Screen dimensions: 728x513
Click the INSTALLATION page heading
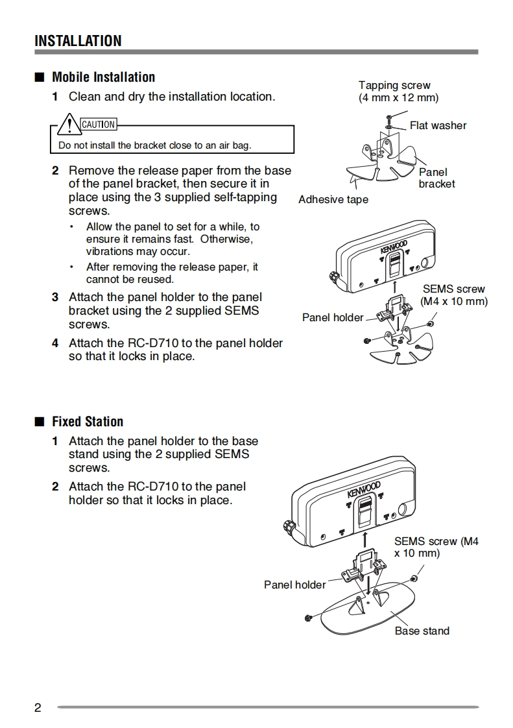pyautogui.click(x=78, y=41)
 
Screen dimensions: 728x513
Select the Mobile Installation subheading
pyautogui.click(x=103, y=77)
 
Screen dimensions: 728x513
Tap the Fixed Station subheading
pyautogui.click(x=88, y=422)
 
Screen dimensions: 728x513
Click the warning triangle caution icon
pyautogui.click(x=68, y=123)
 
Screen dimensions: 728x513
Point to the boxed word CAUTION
pyautogui.click(x=98, y=125)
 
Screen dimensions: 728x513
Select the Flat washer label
pyautogui.click(x=438, y=126)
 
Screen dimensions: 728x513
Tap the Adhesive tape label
pyautogui.click(x=333, y=200)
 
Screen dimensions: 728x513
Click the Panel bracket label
pyautogui.click(x=436, y=178)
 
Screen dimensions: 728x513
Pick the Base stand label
pyautogui.click(x=422, y=631)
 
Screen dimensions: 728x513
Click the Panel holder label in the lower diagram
pyautogui.click(x=294, y=585)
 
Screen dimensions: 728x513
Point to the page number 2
pyautogui.click(x=38, y=707)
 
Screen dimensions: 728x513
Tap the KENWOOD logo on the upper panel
pyautogui.click(x=394, y=248)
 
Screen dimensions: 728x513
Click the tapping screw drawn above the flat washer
pyautogui.click(x=388, y=117)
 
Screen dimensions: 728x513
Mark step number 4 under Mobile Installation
pyautogui.click(x=55, y=343)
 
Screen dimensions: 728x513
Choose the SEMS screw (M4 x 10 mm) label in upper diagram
pyautogui.click(x=453, y=295)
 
